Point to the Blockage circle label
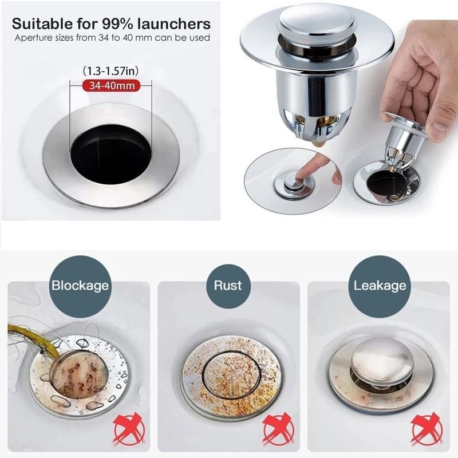80,285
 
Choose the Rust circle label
228,285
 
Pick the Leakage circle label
380,285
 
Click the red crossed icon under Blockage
128,427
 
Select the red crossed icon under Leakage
426,427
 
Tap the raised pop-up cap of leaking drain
381,360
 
